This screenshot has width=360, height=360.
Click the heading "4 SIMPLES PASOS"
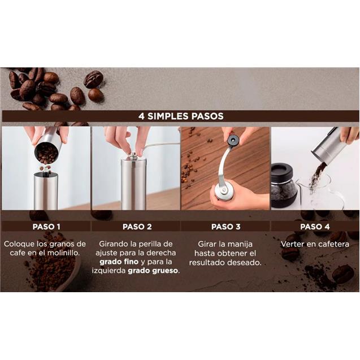click(180, 116)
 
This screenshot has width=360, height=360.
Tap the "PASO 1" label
click(46, 227)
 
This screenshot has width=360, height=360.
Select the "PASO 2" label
click(137, 227)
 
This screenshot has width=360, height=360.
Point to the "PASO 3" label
click(225, 227)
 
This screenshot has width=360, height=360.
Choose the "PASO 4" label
click(311, 227)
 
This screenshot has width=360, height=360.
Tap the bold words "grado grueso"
click(153, 271)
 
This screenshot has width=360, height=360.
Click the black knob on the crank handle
click(233, 139)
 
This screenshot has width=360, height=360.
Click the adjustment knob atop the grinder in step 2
click(133, 153)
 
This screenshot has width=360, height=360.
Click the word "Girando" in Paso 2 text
click(114, 244)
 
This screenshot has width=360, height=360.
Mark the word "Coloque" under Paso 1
click(19, 244)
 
